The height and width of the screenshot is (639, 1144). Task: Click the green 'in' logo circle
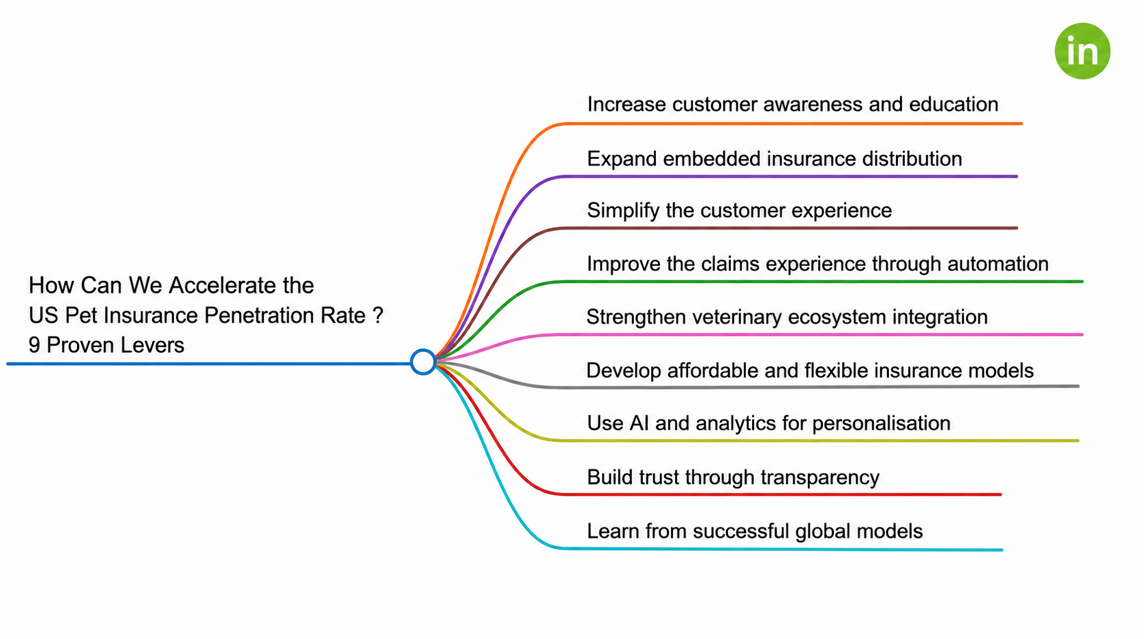(x=1082, y=51)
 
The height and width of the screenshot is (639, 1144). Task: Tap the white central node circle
(x=423, y=362)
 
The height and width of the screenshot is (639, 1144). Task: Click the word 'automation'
(x=997, y=264)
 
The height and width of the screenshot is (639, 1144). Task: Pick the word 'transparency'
(x=819, y=477)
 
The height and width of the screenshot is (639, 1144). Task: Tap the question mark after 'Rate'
(x=378, y=315)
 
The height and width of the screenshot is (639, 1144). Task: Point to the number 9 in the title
(x=34, y=345)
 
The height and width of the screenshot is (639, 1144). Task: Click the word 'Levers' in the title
(x=153, y=345)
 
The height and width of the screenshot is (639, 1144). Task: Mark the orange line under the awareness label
(x=793, y=123)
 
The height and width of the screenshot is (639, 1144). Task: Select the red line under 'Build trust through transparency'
(x=781, y=494)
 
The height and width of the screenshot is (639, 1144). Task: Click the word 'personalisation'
(x=881, y=423)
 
